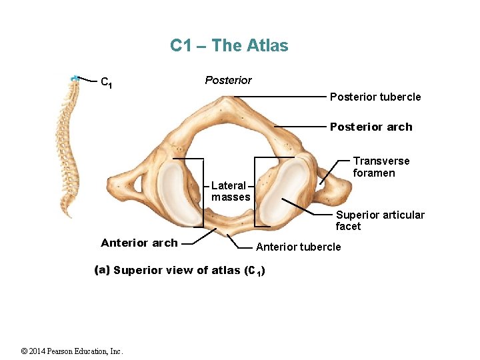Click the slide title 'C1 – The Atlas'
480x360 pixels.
(229, 46)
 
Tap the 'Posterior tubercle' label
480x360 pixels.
(375, 97)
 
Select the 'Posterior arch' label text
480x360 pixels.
(371, 127)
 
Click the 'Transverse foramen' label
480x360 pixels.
(381, 167)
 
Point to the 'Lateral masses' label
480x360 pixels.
(231, 191)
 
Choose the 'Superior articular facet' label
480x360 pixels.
(379, 221)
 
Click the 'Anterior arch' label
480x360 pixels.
(139, 243)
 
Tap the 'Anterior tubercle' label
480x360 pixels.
(298, 247)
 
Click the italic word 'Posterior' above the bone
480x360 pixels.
(228, 81)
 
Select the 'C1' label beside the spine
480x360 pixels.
(105, 83)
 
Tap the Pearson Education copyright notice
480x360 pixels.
(72, 351)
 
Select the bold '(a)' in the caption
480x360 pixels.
(102, 270)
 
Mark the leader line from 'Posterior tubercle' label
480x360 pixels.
(280, 97)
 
